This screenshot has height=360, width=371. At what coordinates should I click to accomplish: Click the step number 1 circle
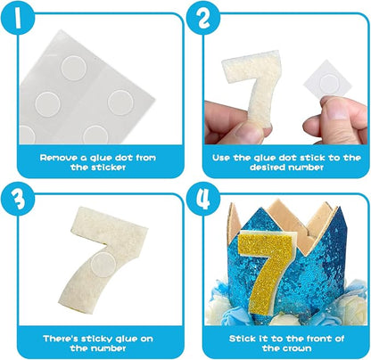[x=18, y=18]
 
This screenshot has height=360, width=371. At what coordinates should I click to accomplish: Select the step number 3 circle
[x=18, y=199]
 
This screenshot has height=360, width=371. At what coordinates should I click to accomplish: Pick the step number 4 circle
[x=203, y=199]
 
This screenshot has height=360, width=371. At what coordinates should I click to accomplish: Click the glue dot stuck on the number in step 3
[x=103, y=264]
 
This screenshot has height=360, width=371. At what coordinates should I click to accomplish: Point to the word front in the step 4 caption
[x=318, y=339]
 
